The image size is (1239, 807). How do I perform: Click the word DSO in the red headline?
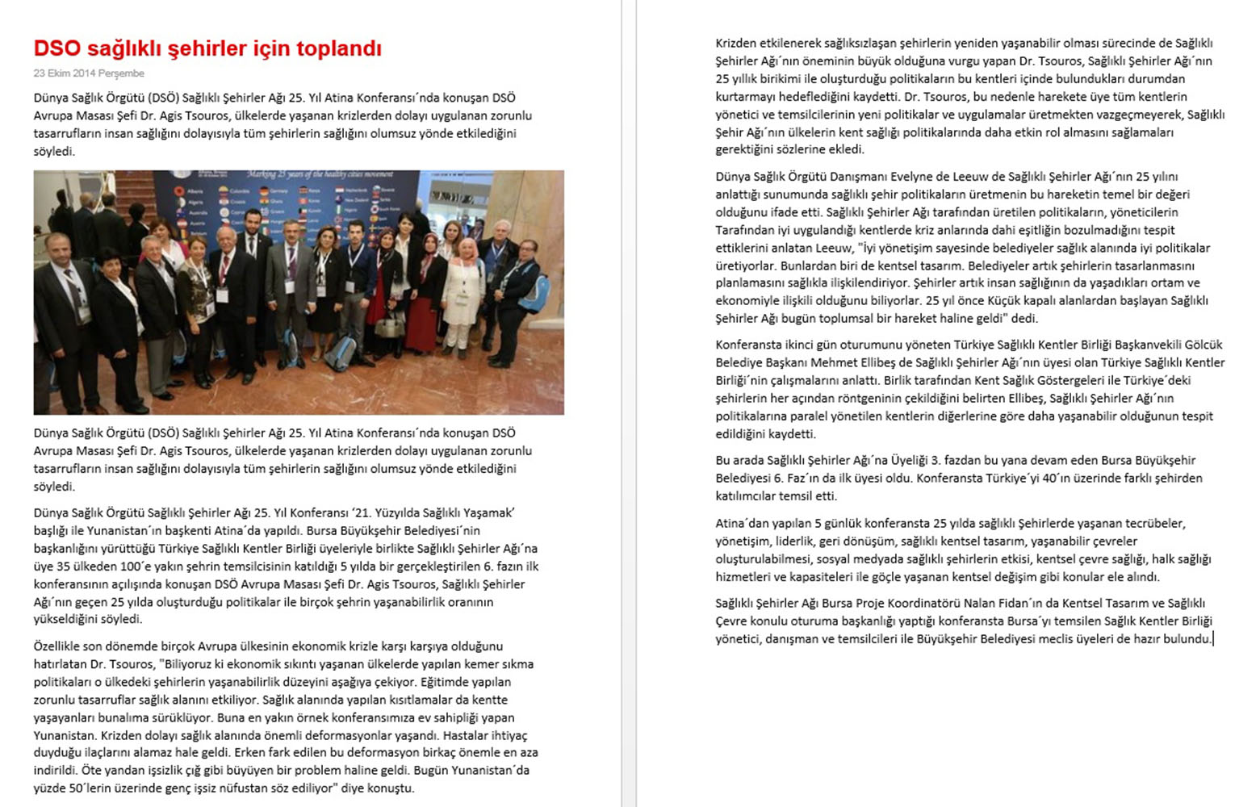[57, 48]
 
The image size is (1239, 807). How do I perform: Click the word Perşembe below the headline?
[122, 73]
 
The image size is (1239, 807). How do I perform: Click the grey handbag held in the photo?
[389, 324]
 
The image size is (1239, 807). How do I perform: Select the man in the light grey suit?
[290, 282]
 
